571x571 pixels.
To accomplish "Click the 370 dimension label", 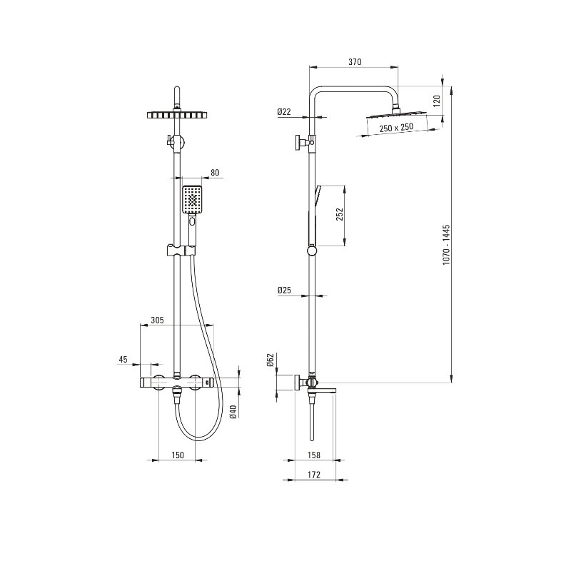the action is pyautogui.click(x=355, y=62).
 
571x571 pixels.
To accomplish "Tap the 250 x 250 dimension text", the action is pyautogui.click(x=396, y=128).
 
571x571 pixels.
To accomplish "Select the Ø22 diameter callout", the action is pyautogui.click(x=284, y=112).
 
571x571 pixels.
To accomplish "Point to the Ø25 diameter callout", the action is pyautogui.click(x=284, y=290).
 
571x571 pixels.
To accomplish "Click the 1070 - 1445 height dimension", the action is pyautogui.click(x=447, y=245).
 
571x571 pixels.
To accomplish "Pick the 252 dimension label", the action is pyautogui.click(x=340, y=214).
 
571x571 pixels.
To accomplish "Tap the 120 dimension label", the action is pyautogui.click(x=437, y=100).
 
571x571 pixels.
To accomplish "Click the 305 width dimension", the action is pyautogui.click(x=157, y=320).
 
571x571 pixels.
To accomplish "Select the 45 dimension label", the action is pyautogui.click(x=123, y=360).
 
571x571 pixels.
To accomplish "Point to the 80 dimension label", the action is pyautogui.click(x=216, y=173).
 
